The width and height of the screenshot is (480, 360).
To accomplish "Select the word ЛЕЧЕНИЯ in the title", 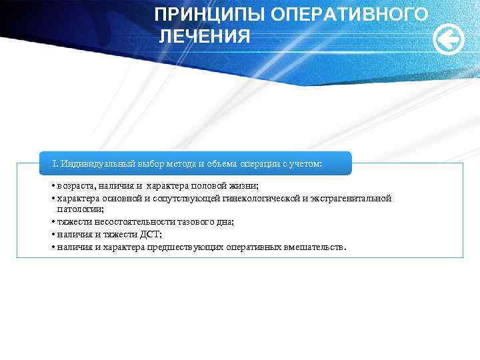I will coord(205,36).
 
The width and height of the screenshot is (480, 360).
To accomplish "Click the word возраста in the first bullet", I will coord(76,185).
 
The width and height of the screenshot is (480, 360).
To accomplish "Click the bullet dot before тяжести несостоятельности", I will coord(52,221).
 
